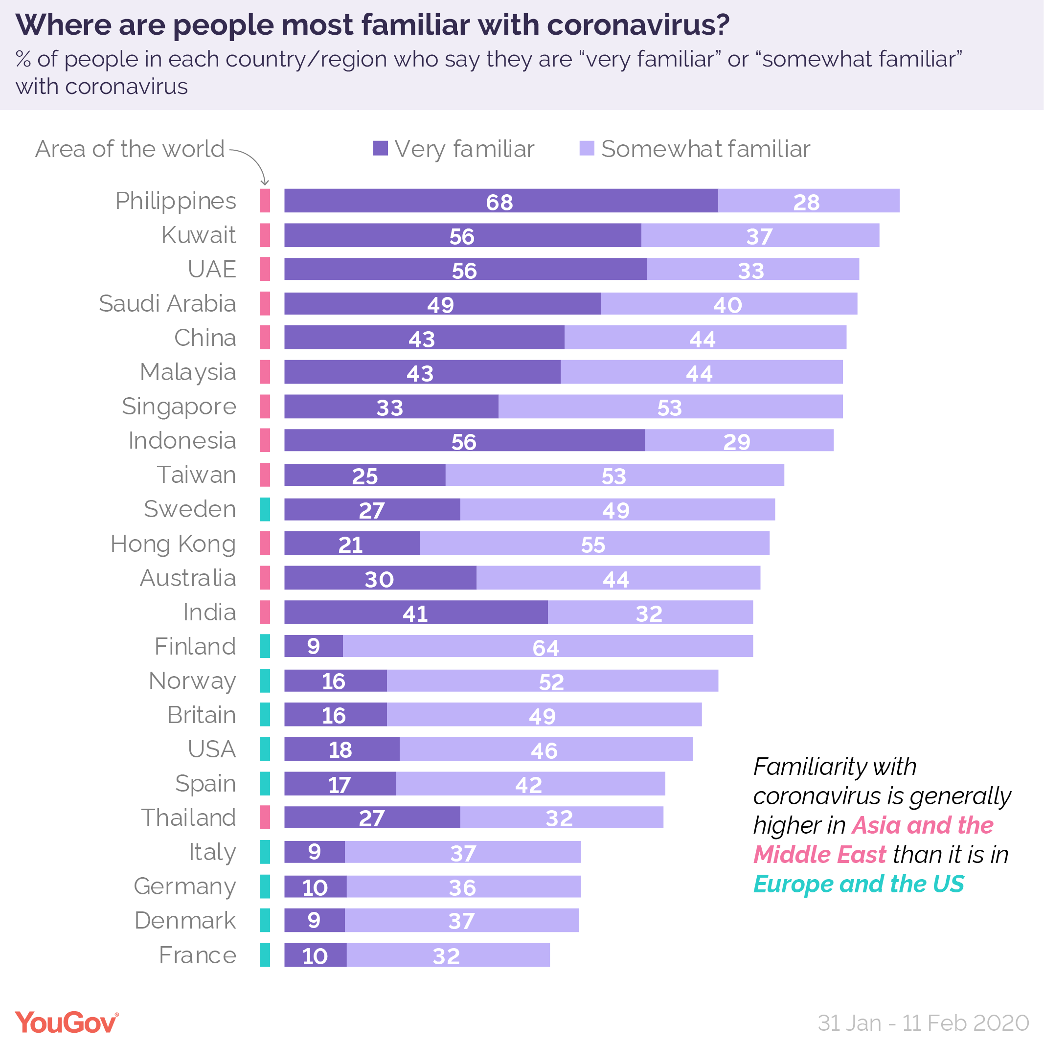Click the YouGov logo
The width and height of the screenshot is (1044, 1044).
[66, 1022]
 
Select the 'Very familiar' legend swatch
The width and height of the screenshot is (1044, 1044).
[381, 148]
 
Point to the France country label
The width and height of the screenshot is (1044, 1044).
[197, 955]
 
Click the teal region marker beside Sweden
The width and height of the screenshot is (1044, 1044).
[265, 510]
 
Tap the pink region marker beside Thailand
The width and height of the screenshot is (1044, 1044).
[265, 817]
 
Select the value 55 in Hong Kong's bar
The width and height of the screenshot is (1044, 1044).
[593, 544]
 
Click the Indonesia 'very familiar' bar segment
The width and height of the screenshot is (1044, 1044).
[464, 441]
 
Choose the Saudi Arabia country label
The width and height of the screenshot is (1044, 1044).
[167, 304]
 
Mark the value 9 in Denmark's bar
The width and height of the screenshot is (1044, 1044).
[314, 920]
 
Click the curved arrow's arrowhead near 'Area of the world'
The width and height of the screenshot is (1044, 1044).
[265, 182]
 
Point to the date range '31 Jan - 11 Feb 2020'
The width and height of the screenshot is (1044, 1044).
[923, 1023]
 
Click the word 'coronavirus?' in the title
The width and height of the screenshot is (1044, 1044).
[637, 25]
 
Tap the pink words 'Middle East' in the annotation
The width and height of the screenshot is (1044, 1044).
[820, 855]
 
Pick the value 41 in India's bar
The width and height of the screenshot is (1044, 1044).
[415, 613]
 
